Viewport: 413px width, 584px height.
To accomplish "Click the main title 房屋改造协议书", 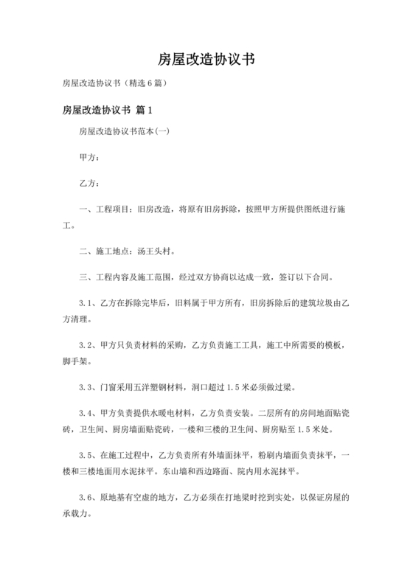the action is [206, 60].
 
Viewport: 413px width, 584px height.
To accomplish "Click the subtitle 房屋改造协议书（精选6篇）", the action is [117, 83].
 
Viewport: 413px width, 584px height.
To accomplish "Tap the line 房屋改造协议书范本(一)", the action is [124, 133].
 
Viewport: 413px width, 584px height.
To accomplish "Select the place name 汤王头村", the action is [155, 251].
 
